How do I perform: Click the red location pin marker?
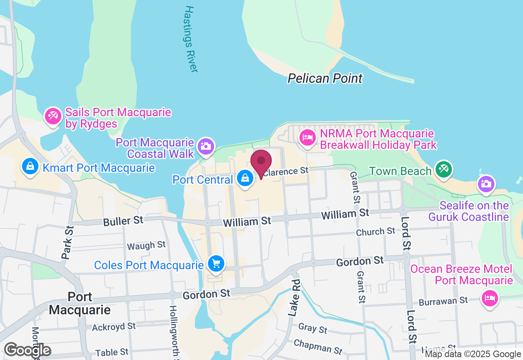(x=261, y=162)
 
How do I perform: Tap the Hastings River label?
(x=191, y=39)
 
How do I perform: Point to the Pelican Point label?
(x=325, y=78)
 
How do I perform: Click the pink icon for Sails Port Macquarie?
(x=53, y=116)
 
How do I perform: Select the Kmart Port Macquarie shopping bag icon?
(x=30, y=166)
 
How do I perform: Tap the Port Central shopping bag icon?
(x=245, y=178)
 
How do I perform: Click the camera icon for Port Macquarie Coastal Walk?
(x=206, y=146)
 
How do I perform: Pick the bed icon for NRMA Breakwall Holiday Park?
(x=307, y=137)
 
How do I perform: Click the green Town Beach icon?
(x=443, y=170)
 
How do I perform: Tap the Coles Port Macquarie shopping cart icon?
(x=216, y=263)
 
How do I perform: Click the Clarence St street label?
(x=286, y=172)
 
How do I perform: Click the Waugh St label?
(x=146, y=245)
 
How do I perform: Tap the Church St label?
(x=375, y=232)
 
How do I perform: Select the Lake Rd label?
(x=294, y=298)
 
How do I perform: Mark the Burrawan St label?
(x=444, y=301)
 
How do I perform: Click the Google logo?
(x=27, y=350)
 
